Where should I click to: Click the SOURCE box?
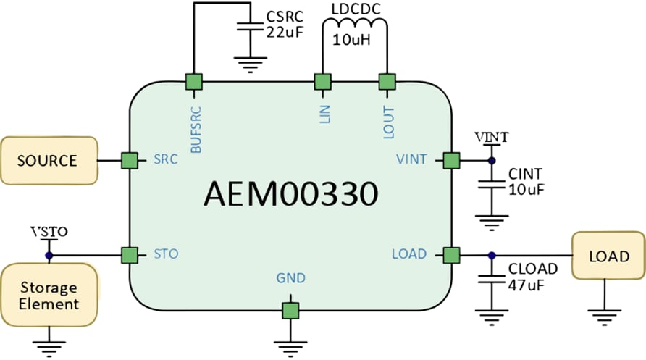[48, 160]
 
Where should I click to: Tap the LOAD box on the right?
[608, 256]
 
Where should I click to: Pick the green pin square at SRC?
[130, 160]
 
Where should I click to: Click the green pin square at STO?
[130, 255]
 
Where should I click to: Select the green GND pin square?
[290, 311]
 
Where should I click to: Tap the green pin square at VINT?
[451, 159]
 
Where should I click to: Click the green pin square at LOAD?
[451, 255]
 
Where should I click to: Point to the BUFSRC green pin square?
[194, 82]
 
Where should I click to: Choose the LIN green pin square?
[322, 82]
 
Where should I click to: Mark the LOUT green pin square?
[388, 82]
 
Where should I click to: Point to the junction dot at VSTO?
[49, 255]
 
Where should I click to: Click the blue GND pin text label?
[290, 278]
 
